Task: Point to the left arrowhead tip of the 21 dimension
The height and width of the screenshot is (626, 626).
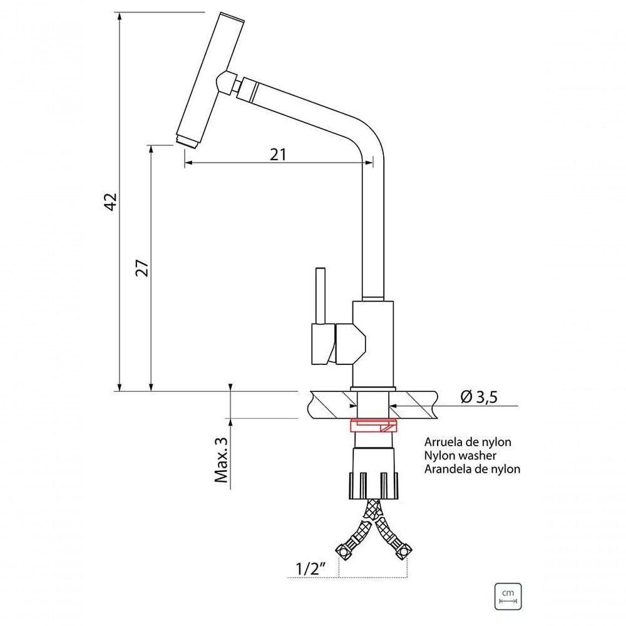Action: click(x=185, y=162)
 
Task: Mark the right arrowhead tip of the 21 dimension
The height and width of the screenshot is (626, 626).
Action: click(x=373, y=162)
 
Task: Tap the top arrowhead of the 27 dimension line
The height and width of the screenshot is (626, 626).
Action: click(x=151, y=145)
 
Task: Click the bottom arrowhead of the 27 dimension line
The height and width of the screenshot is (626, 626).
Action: click(x=151, y=391)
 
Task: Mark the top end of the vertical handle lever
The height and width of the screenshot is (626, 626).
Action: click(x=320, y=269)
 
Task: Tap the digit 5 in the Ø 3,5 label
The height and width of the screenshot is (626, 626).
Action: click(x=493, y=398)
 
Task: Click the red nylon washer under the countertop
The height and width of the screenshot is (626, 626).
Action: click(x=373, y=426)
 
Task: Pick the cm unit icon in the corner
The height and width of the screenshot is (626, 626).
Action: click(x=508, y=597)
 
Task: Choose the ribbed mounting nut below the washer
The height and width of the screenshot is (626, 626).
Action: click(x=374, y=486)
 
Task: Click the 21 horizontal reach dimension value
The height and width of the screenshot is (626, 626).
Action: click(x=279, y=154)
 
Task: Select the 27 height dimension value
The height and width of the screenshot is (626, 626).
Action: click(x=142, y=269)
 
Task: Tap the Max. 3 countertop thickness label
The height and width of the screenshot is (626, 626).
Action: click(x=222, y=459)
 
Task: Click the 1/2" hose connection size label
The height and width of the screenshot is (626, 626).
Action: click(x=309, y=568)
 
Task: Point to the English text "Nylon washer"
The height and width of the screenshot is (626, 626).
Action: click(x=460, y=455)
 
